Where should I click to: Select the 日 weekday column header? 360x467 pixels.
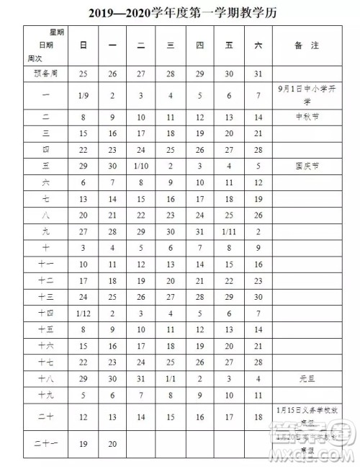tap(84, 45)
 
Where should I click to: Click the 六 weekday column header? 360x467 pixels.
tap(258, 45)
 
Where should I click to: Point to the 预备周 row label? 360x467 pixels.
tap(45, 74)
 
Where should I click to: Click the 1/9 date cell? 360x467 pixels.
tap(84, 94)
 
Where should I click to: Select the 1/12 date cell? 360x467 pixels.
tap(84, 313)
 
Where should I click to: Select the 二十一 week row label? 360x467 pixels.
tap(45, 445)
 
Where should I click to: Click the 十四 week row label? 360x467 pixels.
tap(45, 313)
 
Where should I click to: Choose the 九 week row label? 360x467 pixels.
tap(45, 231)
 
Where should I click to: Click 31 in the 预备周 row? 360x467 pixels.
tap(258, 74)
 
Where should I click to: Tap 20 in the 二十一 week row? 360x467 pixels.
tap(112, 445)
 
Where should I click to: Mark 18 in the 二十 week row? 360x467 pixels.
tap(258, 417)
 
